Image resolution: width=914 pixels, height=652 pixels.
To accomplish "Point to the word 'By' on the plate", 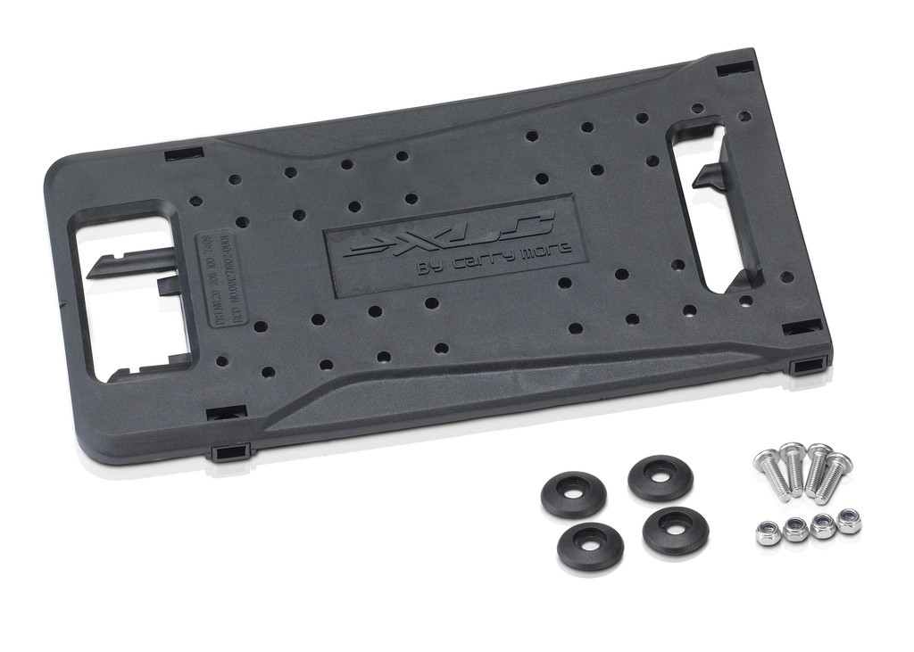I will [430, 267].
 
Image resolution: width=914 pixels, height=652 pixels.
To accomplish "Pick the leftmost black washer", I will [573, 494].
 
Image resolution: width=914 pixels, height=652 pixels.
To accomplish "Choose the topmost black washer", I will [660, 478].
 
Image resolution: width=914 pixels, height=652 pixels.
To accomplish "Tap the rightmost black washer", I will [676, 530].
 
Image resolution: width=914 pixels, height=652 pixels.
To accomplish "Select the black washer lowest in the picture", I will [590, 546].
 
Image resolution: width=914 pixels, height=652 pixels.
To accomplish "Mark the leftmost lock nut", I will [768, 533].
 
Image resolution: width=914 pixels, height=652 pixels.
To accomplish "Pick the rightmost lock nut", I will [848, 521].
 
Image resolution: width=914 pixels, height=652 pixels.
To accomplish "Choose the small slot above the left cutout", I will [183, 153].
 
